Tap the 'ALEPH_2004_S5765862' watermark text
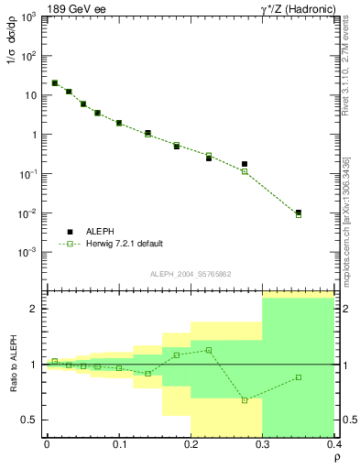pos(190,274)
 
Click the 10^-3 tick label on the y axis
pos(29,253)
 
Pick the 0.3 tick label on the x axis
pos(263,444)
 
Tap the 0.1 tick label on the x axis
pos(119,444)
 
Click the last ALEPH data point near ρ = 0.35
pos(299,213)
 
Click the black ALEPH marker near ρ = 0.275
pos(245,164)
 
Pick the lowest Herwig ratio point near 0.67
pos(245,400)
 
